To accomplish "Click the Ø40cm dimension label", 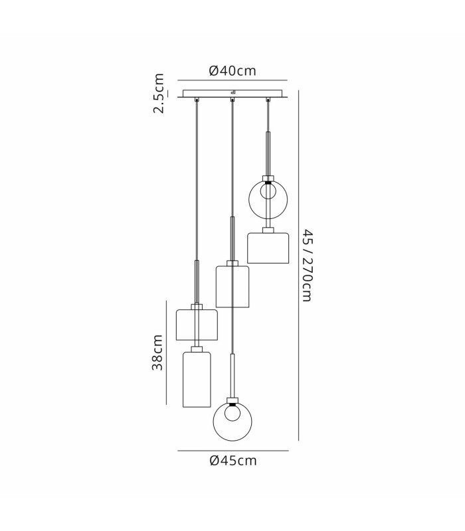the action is point(232,71).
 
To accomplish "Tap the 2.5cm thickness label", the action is point(159,93).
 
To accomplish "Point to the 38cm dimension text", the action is point(157,352).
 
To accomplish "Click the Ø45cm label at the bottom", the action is point(233,461).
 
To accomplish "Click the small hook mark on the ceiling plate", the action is point(233,92).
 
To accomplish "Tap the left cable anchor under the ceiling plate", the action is point(196,99).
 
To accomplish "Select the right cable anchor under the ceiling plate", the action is point(268,99).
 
